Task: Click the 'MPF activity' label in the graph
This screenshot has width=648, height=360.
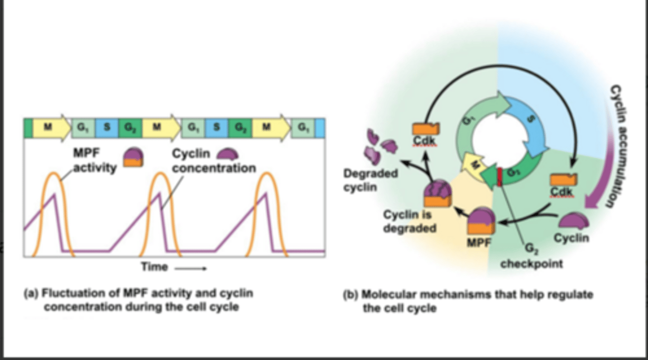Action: [x=95, y=161]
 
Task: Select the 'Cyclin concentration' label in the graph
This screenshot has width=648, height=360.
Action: [x=214, y=162]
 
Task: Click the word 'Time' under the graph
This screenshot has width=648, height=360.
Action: [x=154, y=267]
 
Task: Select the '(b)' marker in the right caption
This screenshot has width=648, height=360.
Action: [x=351, y=295]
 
